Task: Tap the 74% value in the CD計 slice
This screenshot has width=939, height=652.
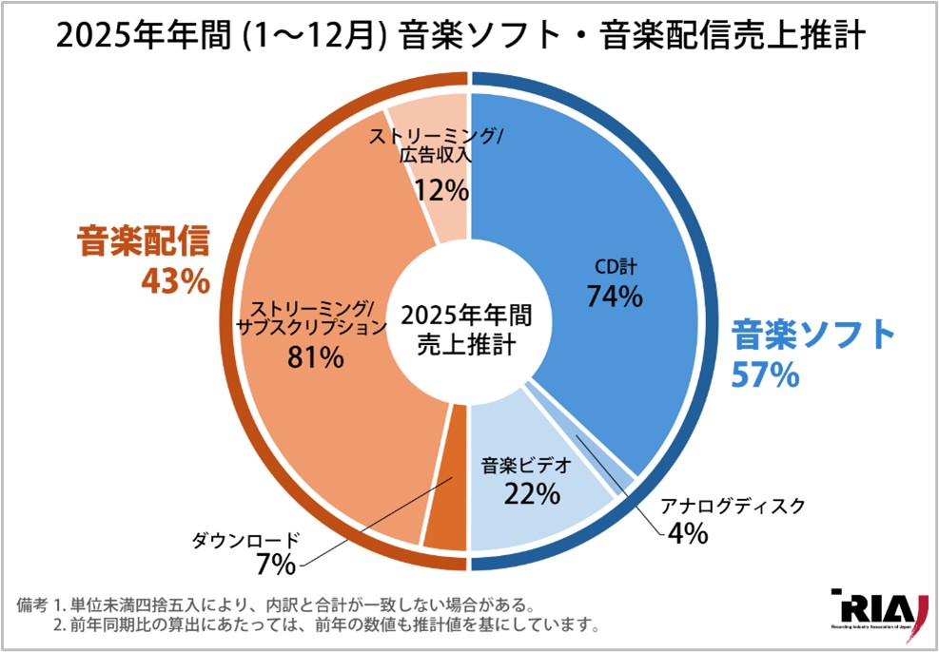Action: [x=615, y=297]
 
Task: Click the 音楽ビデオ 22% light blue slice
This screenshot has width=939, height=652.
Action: [x=542, y=513]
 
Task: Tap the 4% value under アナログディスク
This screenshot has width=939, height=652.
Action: [x=686, y=533]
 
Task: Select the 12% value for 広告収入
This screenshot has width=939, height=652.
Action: [x=441, y=190]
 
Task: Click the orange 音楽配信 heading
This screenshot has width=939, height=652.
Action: [x=142, y=243]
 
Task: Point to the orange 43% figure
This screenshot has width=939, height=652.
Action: [x=174, y=282]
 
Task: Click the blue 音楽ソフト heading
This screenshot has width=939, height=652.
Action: [x=813, y=334]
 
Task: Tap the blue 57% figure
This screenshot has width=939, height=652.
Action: [x=764, y=374]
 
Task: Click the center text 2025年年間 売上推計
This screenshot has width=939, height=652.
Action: [x=467, y=329]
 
